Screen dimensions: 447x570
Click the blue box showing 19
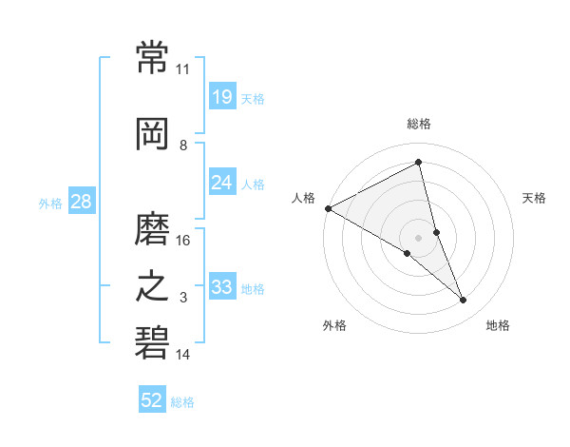pos(222,96)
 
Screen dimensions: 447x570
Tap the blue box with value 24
pos(222,183)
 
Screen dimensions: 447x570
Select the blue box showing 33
pos(222,287)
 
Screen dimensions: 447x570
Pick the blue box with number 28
pos(81,202)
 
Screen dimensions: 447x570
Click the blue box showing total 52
pos(152,400)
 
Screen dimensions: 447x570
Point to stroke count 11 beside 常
pos(182,69)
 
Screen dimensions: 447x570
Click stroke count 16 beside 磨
pos(182,241)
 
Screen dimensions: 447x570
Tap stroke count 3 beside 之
pos(183,298)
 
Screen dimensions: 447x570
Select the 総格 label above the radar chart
pos(419,124)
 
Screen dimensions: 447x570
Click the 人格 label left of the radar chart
pos(304,198)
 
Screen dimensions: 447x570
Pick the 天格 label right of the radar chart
pos(535,198)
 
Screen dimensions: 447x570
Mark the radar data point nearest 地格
pos(464,301)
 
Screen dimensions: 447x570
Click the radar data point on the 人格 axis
pos(328,208)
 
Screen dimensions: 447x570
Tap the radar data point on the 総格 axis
pos(419,163)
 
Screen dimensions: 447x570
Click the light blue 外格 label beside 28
pos(50,203)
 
